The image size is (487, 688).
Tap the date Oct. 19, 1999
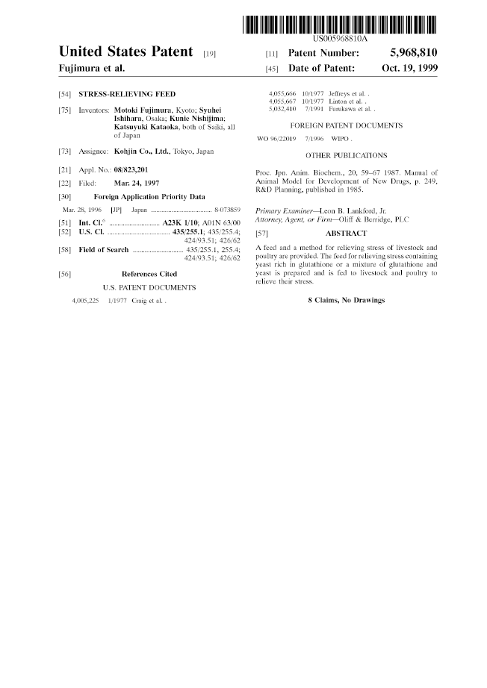[x=409, y=68]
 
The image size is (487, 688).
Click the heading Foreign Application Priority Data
[x=149, y=197]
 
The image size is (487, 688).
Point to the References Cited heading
[x=149, y=274]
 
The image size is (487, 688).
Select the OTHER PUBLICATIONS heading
[x=347, y=155]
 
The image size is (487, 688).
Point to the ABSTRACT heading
[x=346, y=234]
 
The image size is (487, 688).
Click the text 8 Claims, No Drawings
[x=346, y=300]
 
